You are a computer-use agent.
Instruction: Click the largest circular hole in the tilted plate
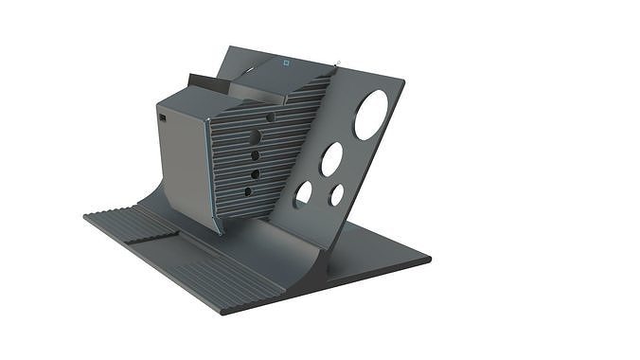(x=371, y=115)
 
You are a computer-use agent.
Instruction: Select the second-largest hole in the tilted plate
(x=331, y=158)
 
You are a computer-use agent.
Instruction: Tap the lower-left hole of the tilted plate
(x=303, y=194)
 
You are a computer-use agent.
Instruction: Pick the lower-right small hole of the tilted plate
(x=337, y=195)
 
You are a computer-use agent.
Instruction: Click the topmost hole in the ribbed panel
(x=270, y=117)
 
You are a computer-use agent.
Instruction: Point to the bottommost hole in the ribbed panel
(x=248, y=191)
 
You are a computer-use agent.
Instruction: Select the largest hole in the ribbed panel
(x=255, y=136)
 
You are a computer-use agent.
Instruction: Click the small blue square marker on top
(x=285, y=63)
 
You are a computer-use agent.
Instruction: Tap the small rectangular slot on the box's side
(x=163, y=118)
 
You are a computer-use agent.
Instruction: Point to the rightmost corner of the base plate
(x=431, y=257)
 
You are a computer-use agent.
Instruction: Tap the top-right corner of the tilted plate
(x=405, y=81)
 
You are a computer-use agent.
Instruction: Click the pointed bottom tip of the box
(x=219, y=232)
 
